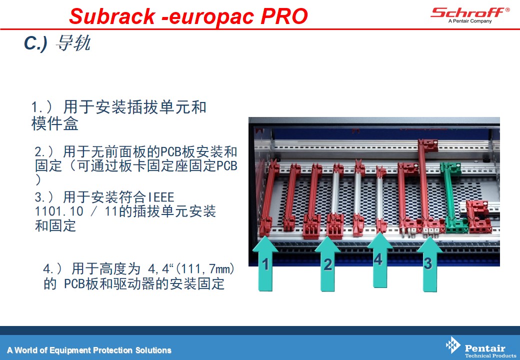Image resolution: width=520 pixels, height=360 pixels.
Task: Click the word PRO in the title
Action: [x=284, y=16]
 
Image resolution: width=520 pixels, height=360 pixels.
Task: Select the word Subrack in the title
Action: [x=112, y=16]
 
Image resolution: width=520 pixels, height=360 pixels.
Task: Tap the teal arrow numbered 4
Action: [x=379, y=260]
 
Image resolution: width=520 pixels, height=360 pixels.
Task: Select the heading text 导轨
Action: [x=73, y=43]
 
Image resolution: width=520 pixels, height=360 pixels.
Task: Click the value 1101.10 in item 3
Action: [x=59, y=211]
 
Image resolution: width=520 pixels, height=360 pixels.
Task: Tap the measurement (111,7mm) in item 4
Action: [x=204, y=268]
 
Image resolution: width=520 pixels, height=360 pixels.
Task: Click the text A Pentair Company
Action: [x=470, y=21]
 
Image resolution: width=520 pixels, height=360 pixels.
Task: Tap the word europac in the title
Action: [x=211, y=16]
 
